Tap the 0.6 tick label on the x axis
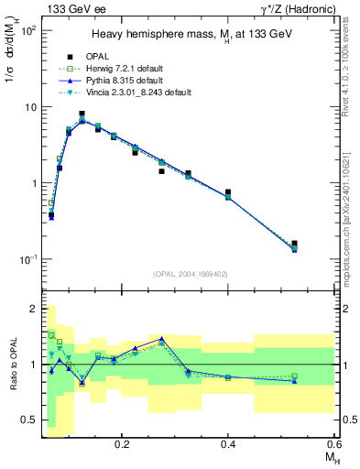coord(333,442)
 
